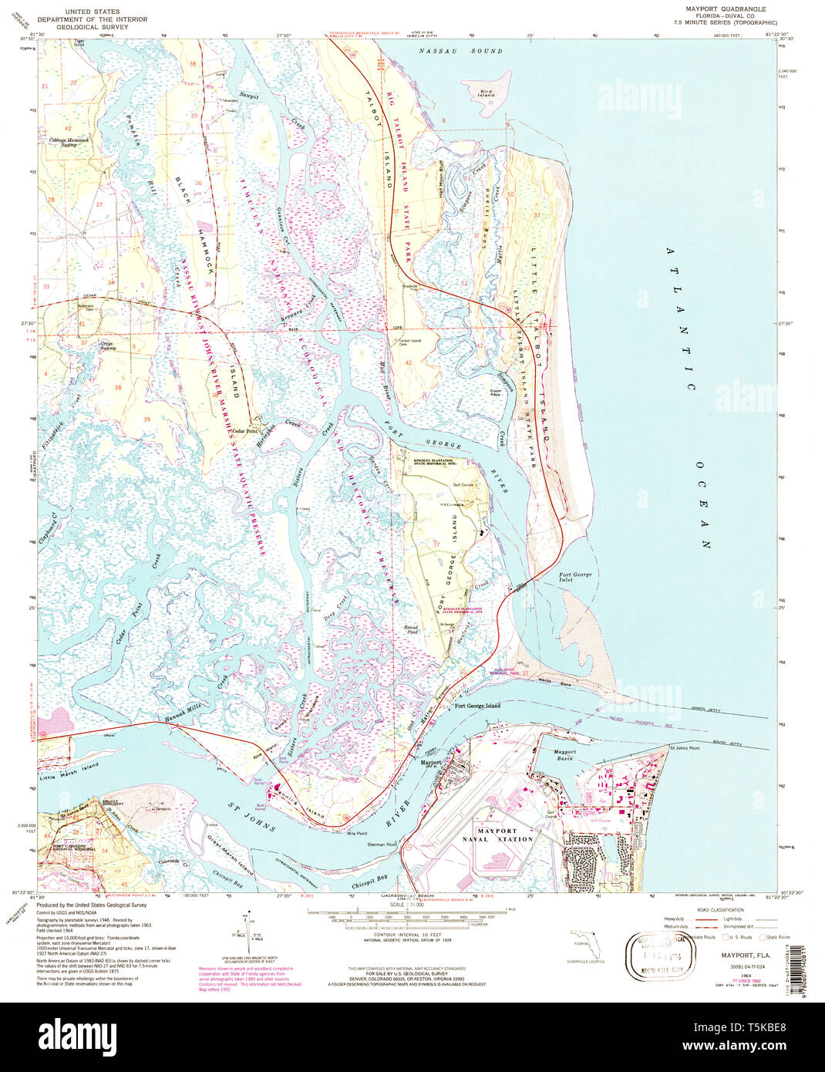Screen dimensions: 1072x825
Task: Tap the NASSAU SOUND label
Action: [x=460, y=52]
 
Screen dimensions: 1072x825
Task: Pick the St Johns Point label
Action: [x=684, y=748]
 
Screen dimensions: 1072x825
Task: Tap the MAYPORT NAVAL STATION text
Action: [x=504, y=835]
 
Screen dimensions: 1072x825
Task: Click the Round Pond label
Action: [x=411, y=629]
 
